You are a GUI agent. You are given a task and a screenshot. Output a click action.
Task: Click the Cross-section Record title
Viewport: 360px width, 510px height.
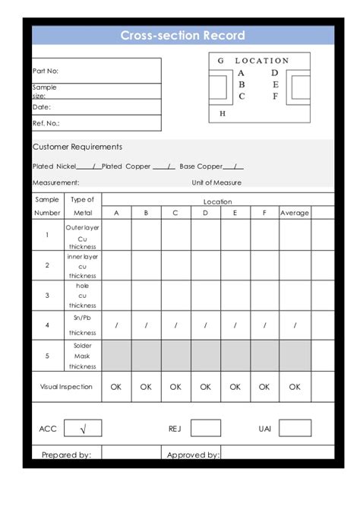(x=182, y=36)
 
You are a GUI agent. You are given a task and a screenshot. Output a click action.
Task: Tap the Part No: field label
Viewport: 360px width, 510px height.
(x=45, y=71)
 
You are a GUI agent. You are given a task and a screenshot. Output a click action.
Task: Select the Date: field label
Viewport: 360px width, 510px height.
(x=41, y=107)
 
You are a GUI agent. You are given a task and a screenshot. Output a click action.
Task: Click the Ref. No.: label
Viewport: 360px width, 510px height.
(x=46, y=122)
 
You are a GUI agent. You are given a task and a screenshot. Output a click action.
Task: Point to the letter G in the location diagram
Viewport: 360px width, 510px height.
(x=220, y=61)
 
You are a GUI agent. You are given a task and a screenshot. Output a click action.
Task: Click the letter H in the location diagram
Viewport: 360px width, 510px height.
(x=222, y=113)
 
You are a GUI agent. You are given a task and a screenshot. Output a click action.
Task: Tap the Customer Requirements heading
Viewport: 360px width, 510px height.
(x=77, y=147)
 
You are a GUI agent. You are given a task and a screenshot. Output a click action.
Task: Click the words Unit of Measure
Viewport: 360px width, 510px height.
(x=216, y=182)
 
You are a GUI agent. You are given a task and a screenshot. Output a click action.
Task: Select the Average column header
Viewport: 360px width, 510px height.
(x=295, y=213)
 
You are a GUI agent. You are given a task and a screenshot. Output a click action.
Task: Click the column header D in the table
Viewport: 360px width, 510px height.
(x=205, y=213)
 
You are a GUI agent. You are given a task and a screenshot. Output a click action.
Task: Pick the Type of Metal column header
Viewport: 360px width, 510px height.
(x=82, y=206)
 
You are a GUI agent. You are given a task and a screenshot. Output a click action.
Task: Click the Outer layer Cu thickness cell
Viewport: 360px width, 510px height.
(x=82, y=236)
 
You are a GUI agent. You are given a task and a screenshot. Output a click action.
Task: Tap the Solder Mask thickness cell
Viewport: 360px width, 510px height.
(x=82, y=355)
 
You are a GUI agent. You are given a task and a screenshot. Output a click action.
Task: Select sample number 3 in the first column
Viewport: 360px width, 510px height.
(x=47, y=295)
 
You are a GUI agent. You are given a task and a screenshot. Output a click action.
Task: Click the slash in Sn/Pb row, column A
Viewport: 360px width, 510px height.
(x=116, y=325)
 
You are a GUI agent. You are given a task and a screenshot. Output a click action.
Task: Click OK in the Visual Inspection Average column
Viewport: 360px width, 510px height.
(x=295, y=386)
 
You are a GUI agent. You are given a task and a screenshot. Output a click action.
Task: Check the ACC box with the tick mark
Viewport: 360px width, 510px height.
(x=82, y=429)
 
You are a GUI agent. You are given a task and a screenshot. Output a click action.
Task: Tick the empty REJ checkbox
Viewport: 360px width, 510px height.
(x=205, y=429)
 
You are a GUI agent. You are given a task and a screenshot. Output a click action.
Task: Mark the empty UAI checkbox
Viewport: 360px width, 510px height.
(x=295, y=429)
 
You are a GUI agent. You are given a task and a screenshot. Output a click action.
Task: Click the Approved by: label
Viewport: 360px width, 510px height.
(x=193, y=455)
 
